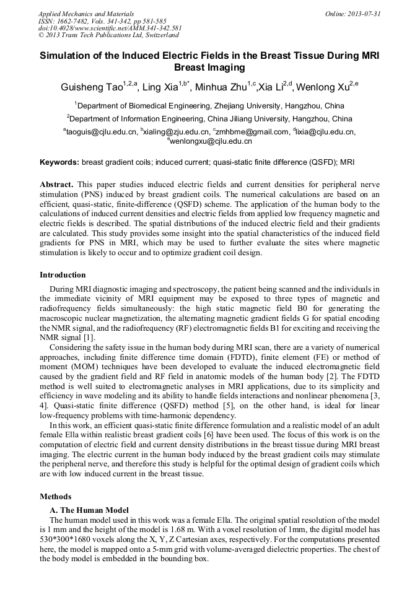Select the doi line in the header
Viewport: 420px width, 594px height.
tap(110, 28)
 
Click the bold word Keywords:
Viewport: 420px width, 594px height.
tap(59, 162)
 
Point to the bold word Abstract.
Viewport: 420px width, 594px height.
tap(57, 185)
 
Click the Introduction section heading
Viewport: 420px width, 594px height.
tap(63, 274)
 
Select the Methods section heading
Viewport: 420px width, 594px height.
tap(55, 496)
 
